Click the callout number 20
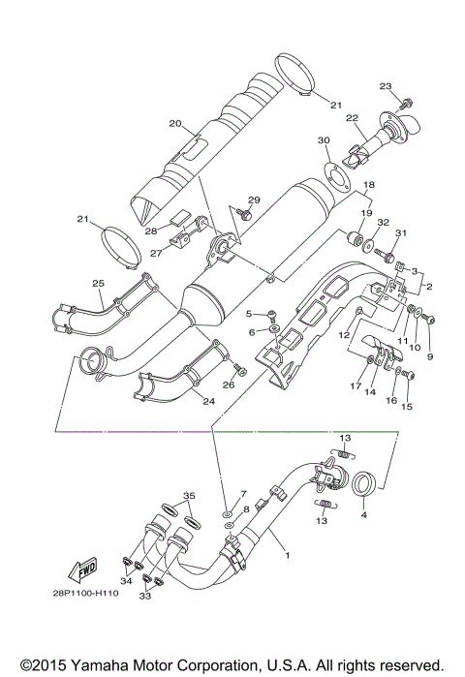(175, 123)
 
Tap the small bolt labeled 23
(407, 101)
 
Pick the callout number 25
(97, 282)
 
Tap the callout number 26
(229, 385)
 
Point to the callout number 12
(343, 335)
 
